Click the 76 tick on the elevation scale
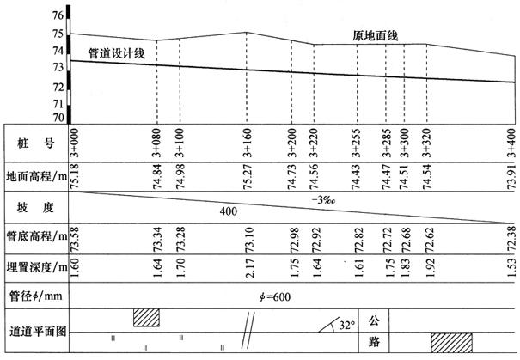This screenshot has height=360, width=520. pos(58,15)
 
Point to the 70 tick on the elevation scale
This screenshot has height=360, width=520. pos(58,118)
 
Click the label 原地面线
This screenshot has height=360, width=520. pos(375,35)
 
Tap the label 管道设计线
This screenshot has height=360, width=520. pos(116,53)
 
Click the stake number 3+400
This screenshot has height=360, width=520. pos(511,143)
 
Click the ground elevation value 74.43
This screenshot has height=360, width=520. pos(356,177)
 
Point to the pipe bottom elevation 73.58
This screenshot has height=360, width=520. pos(74,238)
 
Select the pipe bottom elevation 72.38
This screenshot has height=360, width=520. pos(511,238)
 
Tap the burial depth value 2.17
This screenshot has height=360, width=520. pos(249,268)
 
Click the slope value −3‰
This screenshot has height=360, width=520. pos(323,200)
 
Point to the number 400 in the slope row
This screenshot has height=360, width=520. pos(228,211)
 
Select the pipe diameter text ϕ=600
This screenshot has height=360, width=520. pos(275,296)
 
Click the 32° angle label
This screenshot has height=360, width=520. pos(347,326)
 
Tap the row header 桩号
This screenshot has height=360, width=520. pos(36,143)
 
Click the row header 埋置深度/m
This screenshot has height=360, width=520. pos(37,267)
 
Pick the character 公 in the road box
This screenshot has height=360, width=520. pos(374,320)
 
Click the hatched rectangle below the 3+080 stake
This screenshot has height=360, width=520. pos(146,318)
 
